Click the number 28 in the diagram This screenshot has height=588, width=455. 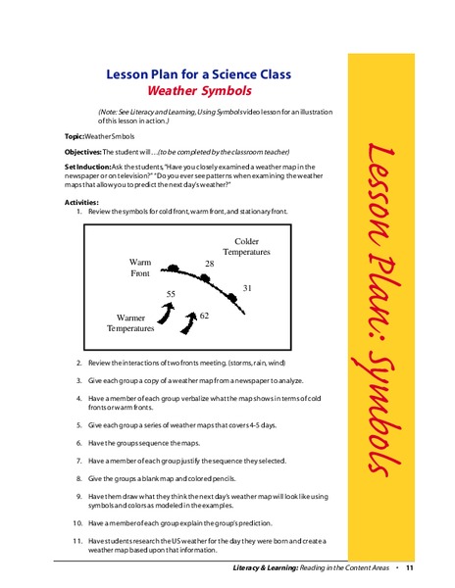click(210, 265)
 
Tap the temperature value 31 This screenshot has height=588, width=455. click(248, 288)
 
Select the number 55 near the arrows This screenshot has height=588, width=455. click(171, 294)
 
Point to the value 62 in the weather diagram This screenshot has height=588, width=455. click(204, 316)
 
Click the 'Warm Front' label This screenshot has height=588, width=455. click(140, 268)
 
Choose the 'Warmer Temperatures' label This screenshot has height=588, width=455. click(130, 323)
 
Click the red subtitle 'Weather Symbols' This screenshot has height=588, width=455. click(210, 91)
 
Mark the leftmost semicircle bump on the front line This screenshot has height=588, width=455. click(173, 269)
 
